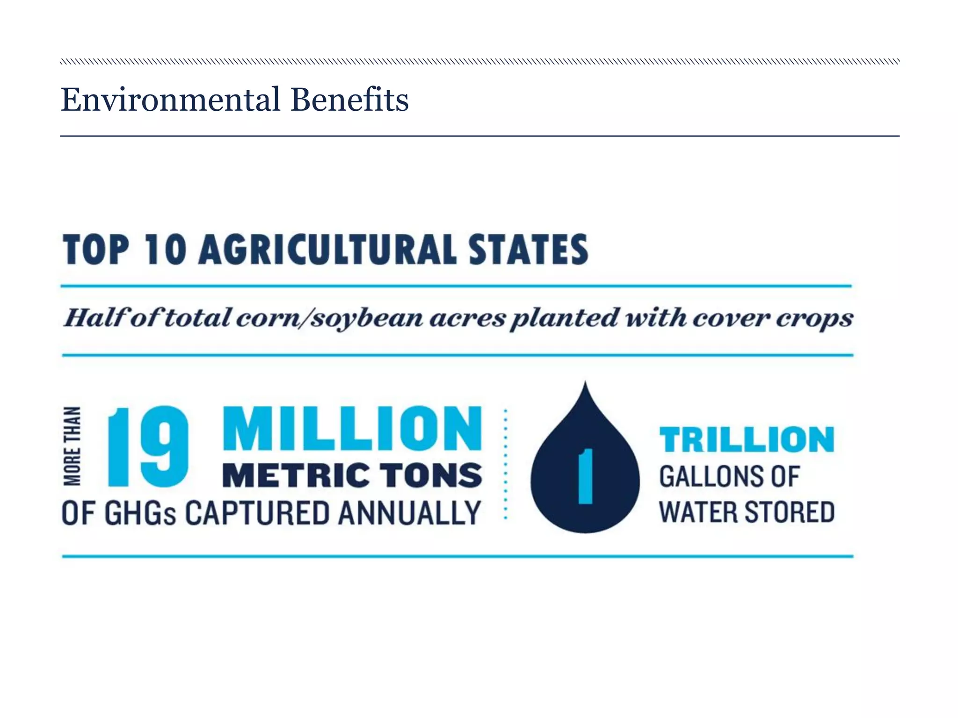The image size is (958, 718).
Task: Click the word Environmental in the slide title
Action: [x=170, y=100]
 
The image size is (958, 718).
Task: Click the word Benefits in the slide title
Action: [x=349, y=100]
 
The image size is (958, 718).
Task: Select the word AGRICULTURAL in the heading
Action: [x=327, y=250]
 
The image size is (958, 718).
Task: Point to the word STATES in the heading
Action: [x=529, y=250]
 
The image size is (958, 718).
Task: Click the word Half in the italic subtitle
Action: [x=94, y=318]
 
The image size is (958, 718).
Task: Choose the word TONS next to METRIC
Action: [x=430, y=475]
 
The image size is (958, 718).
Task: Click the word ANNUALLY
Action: [x=409, y=513]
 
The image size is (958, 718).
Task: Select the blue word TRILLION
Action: [x=747, y=439]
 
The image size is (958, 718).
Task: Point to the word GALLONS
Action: [x=711, y=477]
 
